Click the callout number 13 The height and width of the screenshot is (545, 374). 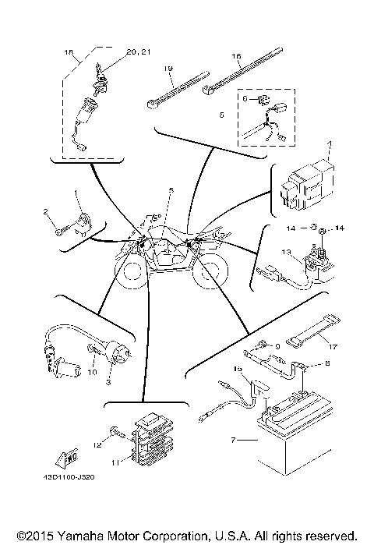[x=286, y=252]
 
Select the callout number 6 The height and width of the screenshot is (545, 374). [x=244, y=99]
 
